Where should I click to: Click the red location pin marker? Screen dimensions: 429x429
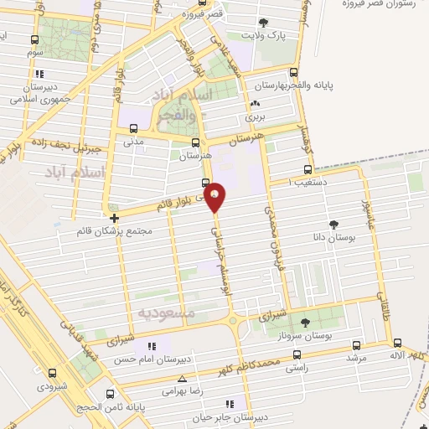pyautogui.click(x=215, y=197)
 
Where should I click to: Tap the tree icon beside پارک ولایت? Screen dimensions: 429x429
pyautogui.click(x=265, y=22)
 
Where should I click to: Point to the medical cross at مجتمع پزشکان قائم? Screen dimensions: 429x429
pyautogui.click(x=114, y=220)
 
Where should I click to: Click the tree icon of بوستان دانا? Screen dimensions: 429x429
pyautogui.click(x=334, y=225)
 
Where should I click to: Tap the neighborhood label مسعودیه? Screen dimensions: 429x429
pyautogui.click(x=166, y=313)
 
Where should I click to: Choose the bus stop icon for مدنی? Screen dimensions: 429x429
pyautogui.click(x=133, y=128)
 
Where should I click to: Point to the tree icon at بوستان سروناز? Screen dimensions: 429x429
pyautogui.click(x=303, y=321)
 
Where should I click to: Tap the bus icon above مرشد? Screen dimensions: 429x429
pyautogui.click(x=357, y=344)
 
